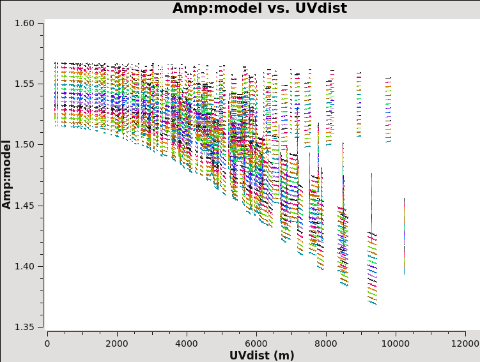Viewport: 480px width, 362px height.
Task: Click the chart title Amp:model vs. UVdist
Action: pyautogui.click(x=259, y=8)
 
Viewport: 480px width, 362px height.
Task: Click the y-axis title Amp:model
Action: pyautogui.click(x=7, y=174)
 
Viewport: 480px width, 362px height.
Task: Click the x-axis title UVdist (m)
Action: pyautogui.click(x=262, y=355)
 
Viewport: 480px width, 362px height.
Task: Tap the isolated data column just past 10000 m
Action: pyautogui.click(x=404, y=236)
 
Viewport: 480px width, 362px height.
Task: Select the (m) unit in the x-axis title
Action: pyautogui.click(x=283, y=355)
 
